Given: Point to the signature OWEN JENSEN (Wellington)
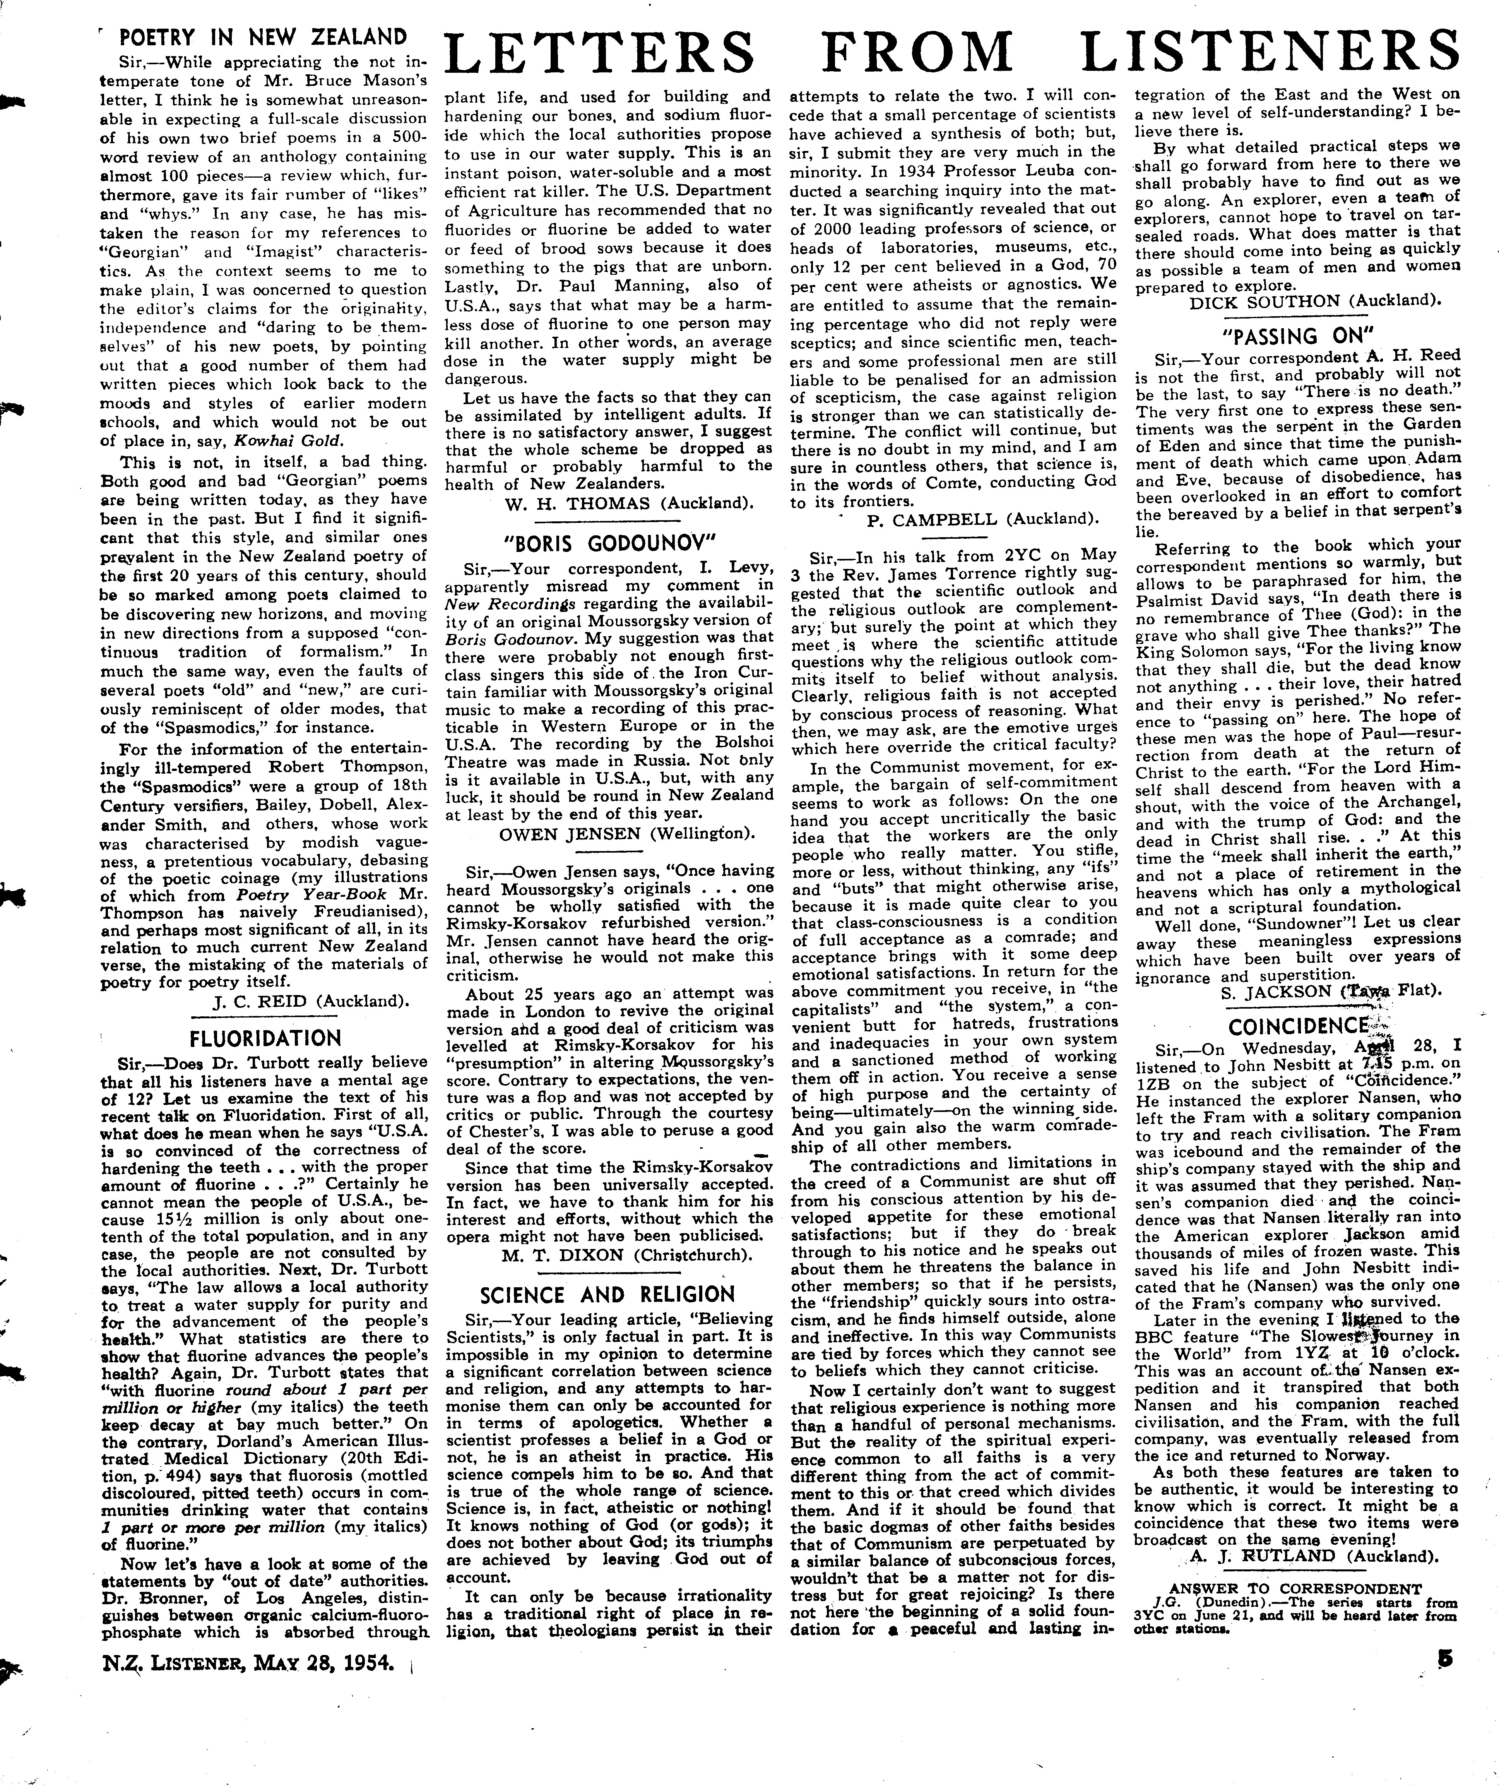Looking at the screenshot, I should (626, 834).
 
